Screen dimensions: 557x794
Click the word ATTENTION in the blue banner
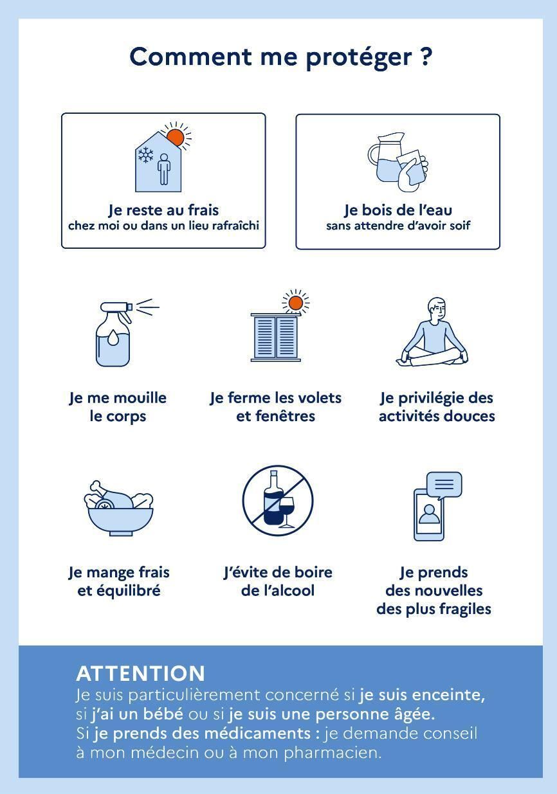pyautogui.click(x=140, y=674)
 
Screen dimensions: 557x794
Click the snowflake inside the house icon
pyautogui.click(x=146, y=154)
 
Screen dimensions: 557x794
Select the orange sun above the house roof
pyautogui.click(x=176, y=137)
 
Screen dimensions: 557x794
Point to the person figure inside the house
pyautogui.click(x=164, y=169)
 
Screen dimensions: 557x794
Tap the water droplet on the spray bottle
pyautogui.click(x=113, y=337)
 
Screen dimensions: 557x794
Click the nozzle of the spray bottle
pyautogui.click(x=130, y=306)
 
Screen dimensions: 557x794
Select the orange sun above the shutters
pyautogui.click(x=296, y=303)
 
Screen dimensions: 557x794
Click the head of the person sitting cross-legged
pyautogui.click(x=437, y=309)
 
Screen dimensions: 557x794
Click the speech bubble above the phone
pyautogui.click(x=444, y=485)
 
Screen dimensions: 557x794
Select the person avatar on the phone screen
pyautogui.click(x=429, y=514)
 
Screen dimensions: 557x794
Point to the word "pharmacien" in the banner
pyautogui.click(x=333, y=752)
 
